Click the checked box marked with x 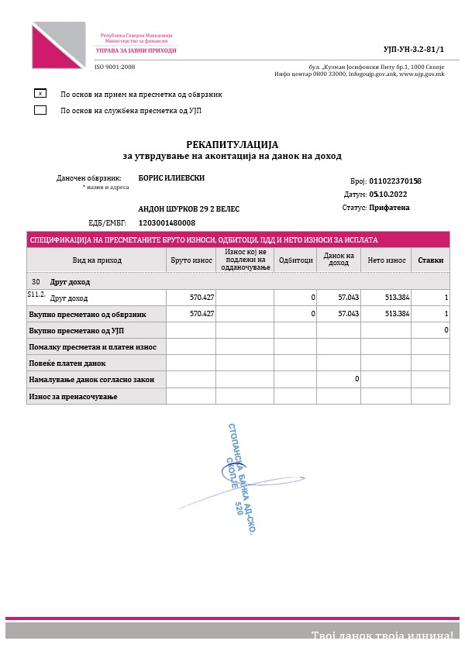(40, 94)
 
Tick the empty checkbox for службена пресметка (40, 110)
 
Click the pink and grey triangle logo (58, 45)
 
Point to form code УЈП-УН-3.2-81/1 (418, 48)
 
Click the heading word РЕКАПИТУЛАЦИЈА (232, 144)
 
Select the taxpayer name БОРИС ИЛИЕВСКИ (171, 177)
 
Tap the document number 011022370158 (395, 181)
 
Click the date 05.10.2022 (387, 195)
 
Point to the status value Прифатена (390, 208)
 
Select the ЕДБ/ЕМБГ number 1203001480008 (167, 222)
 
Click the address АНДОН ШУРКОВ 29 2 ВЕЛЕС (189, 209)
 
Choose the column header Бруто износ (191, 260)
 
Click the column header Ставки (430, 260)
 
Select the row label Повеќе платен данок (67, 363)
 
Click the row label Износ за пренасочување (72, 396)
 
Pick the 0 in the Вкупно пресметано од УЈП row (446, 330)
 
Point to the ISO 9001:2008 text (115, 67)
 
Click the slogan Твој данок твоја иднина (382, 636)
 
